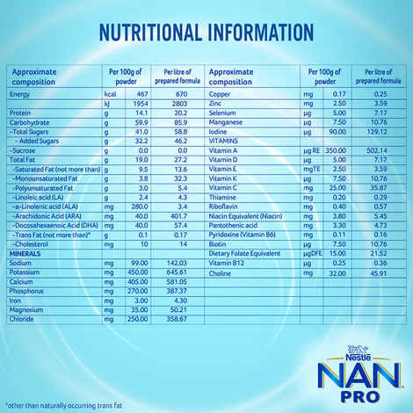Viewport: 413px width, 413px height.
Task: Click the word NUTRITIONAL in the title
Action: point(154,34)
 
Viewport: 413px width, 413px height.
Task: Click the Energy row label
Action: point(20,93)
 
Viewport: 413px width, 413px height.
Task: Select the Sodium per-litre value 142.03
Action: point(178,238)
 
